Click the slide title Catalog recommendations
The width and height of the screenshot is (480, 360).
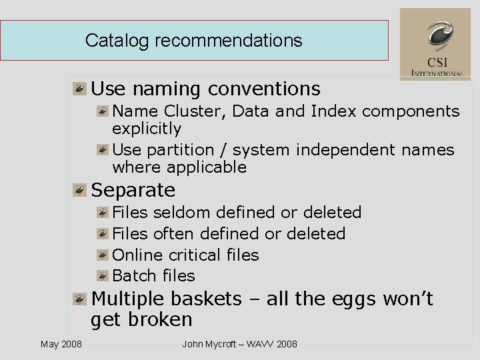point(193,41)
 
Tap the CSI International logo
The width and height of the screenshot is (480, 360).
point(435,44)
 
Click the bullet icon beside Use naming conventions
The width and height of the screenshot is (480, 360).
point(80,89)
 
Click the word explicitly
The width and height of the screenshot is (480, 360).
point(147,128)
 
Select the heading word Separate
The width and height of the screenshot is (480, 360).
point(133,190)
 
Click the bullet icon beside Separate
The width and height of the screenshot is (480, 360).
point(80,191)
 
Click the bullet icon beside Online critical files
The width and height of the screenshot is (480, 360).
point(102,255)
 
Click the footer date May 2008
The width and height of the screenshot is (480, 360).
point(61,344)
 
